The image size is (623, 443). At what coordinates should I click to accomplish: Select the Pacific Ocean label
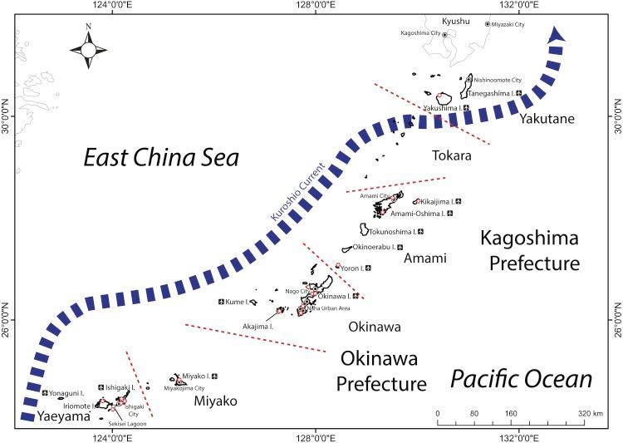(x=521, y=380)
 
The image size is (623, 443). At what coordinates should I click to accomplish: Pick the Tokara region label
(x=452, y=155)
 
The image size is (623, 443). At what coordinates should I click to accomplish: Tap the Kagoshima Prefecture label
(x=528, y=251)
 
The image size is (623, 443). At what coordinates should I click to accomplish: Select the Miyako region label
(x=215, y=401)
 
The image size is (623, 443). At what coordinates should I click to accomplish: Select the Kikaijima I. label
(x=438, y=202)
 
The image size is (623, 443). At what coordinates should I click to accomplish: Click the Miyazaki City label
(x=508, y=25)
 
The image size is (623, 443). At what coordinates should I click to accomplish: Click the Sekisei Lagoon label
(x=127, y=423)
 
